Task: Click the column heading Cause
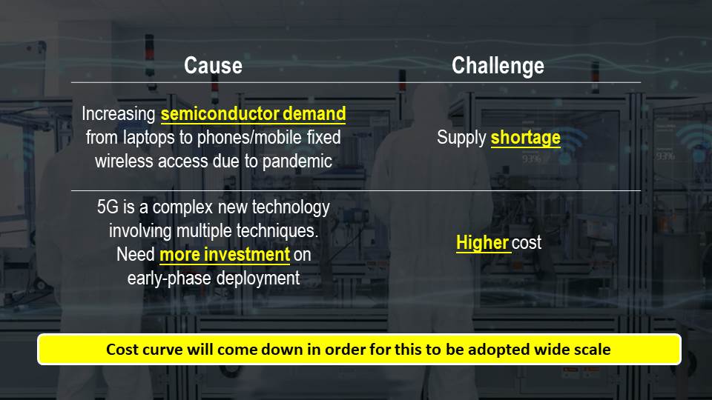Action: (x=213, y=65)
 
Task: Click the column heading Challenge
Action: (x=498, y=66)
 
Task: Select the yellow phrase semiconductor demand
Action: (x=253, y=113)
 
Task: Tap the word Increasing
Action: (x=119, y=114)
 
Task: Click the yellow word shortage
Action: (x=525, y=138)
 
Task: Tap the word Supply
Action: (x=461, y=138)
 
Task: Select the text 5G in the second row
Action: (x=108, y=207)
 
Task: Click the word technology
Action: (x=291, y=207)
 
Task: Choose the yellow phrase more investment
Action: (x=224, y=254)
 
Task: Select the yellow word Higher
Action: (x=482, y=243)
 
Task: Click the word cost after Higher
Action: (x=527, y=243)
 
